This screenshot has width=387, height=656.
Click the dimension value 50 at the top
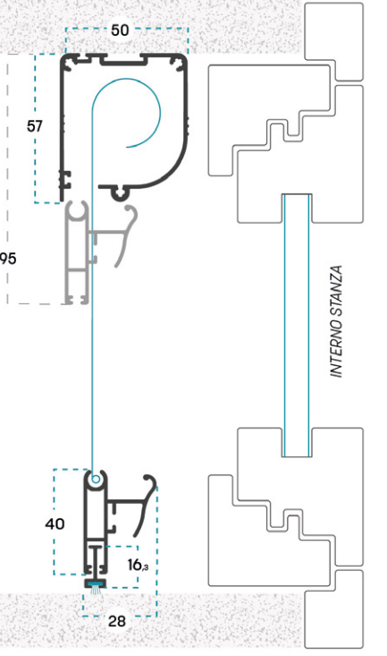point(120,30)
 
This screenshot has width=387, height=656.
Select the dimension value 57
point(35,126)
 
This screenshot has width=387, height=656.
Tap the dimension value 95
point(8,259)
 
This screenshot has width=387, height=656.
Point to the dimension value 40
point(55,524)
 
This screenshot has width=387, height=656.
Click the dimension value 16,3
point(138,565)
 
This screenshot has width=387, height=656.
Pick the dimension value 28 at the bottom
point(116,621)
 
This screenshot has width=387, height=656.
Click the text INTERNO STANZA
point(336,321)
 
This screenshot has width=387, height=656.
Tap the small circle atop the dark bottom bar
point(96,479)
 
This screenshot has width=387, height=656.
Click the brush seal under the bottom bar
point(96,591)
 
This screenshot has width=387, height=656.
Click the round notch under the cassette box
point(120,192)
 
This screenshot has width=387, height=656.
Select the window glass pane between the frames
point(297,326)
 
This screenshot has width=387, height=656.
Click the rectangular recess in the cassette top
point(122,61)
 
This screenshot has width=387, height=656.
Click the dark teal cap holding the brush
point(96,582)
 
